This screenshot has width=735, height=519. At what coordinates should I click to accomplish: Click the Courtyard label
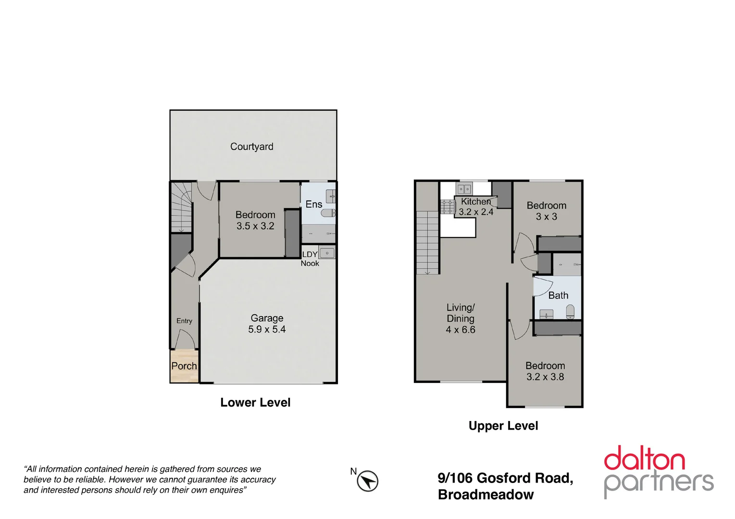(x=251, y=147)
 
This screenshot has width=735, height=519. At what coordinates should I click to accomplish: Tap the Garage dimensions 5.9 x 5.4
(x=267, y=330)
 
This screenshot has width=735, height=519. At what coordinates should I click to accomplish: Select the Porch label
(x=184, y=366)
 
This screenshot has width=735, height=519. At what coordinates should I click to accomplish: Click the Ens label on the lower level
(x=314, y=204)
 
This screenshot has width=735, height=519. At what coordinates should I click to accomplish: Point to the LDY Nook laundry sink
(x=327, y=253)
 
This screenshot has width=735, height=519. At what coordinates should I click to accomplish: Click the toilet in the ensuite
(x=328, y=213)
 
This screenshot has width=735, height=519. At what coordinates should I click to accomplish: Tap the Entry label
(x=184, y=321)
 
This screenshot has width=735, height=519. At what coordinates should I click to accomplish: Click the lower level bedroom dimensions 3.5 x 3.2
(x=255, y=226)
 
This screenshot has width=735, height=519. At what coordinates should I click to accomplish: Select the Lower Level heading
(x=255, y=403)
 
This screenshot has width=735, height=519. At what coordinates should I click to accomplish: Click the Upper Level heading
(x=503, y=426)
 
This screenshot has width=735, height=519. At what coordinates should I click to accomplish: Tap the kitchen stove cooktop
(x=448, y=206)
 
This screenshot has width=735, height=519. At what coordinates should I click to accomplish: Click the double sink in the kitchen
(x=464, y=189)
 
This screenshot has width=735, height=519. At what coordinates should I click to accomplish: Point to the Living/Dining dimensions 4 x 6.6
(x=461, y=330)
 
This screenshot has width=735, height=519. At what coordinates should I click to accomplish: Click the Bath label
(x=558, y=296)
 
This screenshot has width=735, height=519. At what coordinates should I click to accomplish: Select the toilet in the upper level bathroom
(x=570, y=311)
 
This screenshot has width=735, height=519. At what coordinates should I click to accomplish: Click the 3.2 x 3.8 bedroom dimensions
(x=545, y=377)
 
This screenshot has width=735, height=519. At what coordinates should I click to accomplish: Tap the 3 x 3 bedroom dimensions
(x=547, y=217)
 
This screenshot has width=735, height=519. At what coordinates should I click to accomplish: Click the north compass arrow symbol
(x=368, y=481)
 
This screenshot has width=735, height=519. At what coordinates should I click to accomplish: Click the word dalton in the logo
(x=644, y=459)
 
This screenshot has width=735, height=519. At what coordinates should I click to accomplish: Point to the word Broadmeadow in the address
(x=486, y=495)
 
